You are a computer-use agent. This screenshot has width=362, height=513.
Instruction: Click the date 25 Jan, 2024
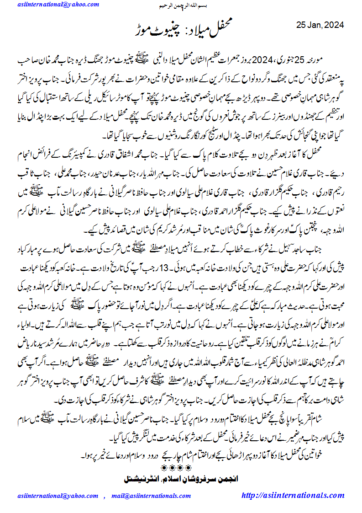pyautogui.click(x=320, y=24)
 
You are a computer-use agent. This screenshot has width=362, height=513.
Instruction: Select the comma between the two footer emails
pyautogui.click(x=104, y=497)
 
